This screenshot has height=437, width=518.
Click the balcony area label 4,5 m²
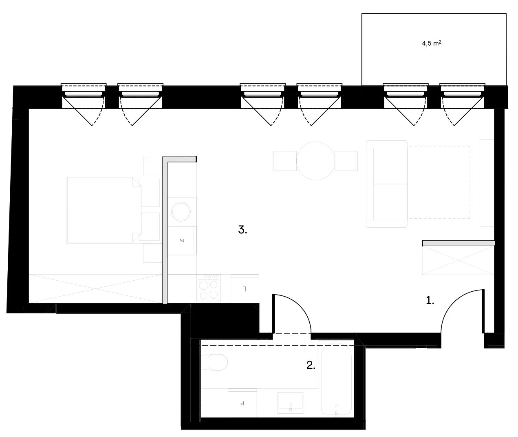432,43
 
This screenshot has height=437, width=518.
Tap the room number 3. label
242,230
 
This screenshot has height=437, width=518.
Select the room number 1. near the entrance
430,300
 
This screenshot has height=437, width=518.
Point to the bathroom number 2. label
311,365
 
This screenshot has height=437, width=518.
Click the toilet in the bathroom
214,362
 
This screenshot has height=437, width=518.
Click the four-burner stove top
209,288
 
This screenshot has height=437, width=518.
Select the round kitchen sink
181,212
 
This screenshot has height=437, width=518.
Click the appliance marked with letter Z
182,240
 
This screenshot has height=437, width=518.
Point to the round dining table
315,161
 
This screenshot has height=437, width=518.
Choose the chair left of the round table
285,161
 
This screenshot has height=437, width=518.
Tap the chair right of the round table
346,161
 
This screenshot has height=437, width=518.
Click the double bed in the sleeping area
104,210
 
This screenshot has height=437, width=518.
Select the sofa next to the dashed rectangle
387,184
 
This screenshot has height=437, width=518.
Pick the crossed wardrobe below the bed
95,288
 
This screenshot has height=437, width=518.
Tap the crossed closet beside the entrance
458,260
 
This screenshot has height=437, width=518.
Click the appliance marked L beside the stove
245,288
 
